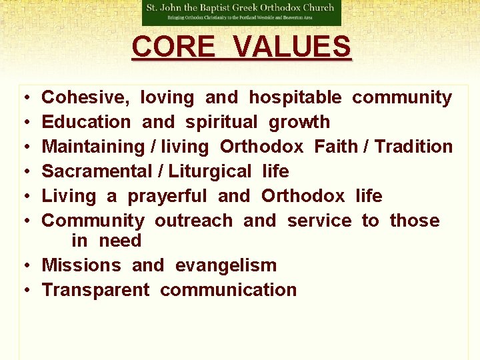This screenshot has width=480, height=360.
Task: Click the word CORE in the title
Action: pyautogui.click(x=172, y=47)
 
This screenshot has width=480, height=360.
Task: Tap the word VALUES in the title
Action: pyautogui.click(x=293, y=47)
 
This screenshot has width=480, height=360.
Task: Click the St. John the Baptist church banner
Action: pyautogui.click(x=241, y=12)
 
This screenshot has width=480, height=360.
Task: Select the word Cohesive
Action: pyautogui.click(x=85, y=97)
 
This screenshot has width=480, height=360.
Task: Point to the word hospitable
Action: pyautogui.click(x=295, y=97)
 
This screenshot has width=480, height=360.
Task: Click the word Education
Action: pyautogui.click(x=87, y=122)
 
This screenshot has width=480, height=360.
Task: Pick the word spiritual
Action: pyautogui.click(x=221, y=122)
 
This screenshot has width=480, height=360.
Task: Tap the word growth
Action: pyautogui.click(x=299, y=122)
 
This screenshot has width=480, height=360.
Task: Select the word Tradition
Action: pyautogui.click(x=414, y=147)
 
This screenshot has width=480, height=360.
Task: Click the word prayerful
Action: pyautogui.click(x=167, y=196)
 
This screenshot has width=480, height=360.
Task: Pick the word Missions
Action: pyautogui.click(x=81, y=265)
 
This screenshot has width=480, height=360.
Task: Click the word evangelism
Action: pyautogui.click(x=226, y=265)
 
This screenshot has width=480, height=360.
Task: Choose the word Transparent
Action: pyautogui.click(x=96, y=290)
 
